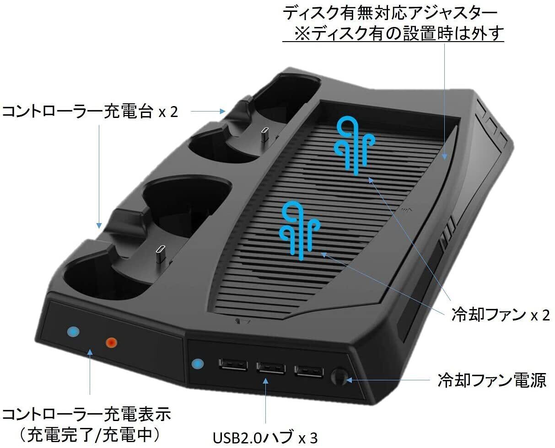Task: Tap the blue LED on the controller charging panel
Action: [72, 331]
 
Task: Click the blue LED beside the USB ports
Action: [197, 364]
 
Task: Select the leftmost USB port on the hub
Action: [233, 366]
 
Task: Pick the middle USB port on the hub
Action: [271, 367]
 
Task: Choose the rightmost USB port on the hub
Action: [309, 370]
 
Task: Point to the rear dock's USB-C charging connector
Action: [264, 136]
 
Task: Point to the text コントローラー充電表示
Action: [86, 415]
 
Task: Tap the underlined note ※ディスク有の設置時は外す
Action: [398, 33]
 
